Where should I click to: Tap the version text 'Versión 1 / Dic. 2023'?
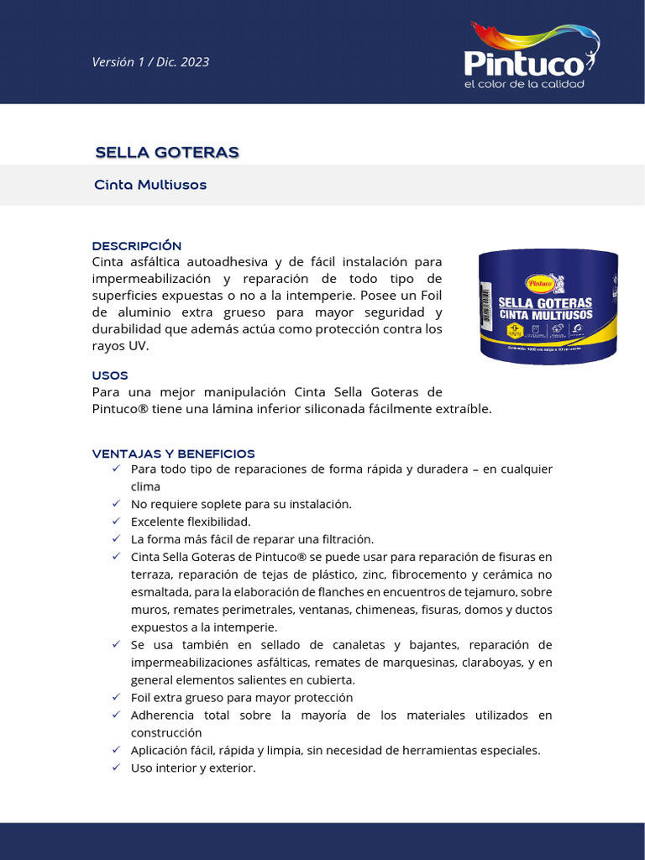click(x=150, y=61)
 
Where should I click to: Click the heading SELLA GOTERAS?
click(x=167, y=152)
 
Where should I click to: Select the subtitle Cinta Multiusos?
click(x=150, y=185)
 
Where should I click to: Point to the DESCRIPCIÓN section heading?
click(x=137, y=245)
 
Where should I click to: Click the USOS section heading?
click(x=110, y=375)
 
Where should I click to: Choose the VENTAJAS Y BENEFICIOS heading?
click(x=174, y=454)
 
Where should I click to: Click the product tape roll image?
click(x=548, y=307)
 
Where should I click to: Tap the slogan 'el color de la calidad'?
click(x=524, y=84)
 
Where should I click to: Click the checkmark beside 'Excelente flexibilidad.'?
click(x=116, y=522)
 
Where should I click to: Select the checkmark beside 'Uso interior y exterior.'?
click(x=116, y=768)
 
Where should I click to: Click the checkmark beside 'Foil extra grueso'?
click(x=116, y=697)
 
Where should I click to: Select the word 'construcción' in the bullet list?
click(x=166, y=732)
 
